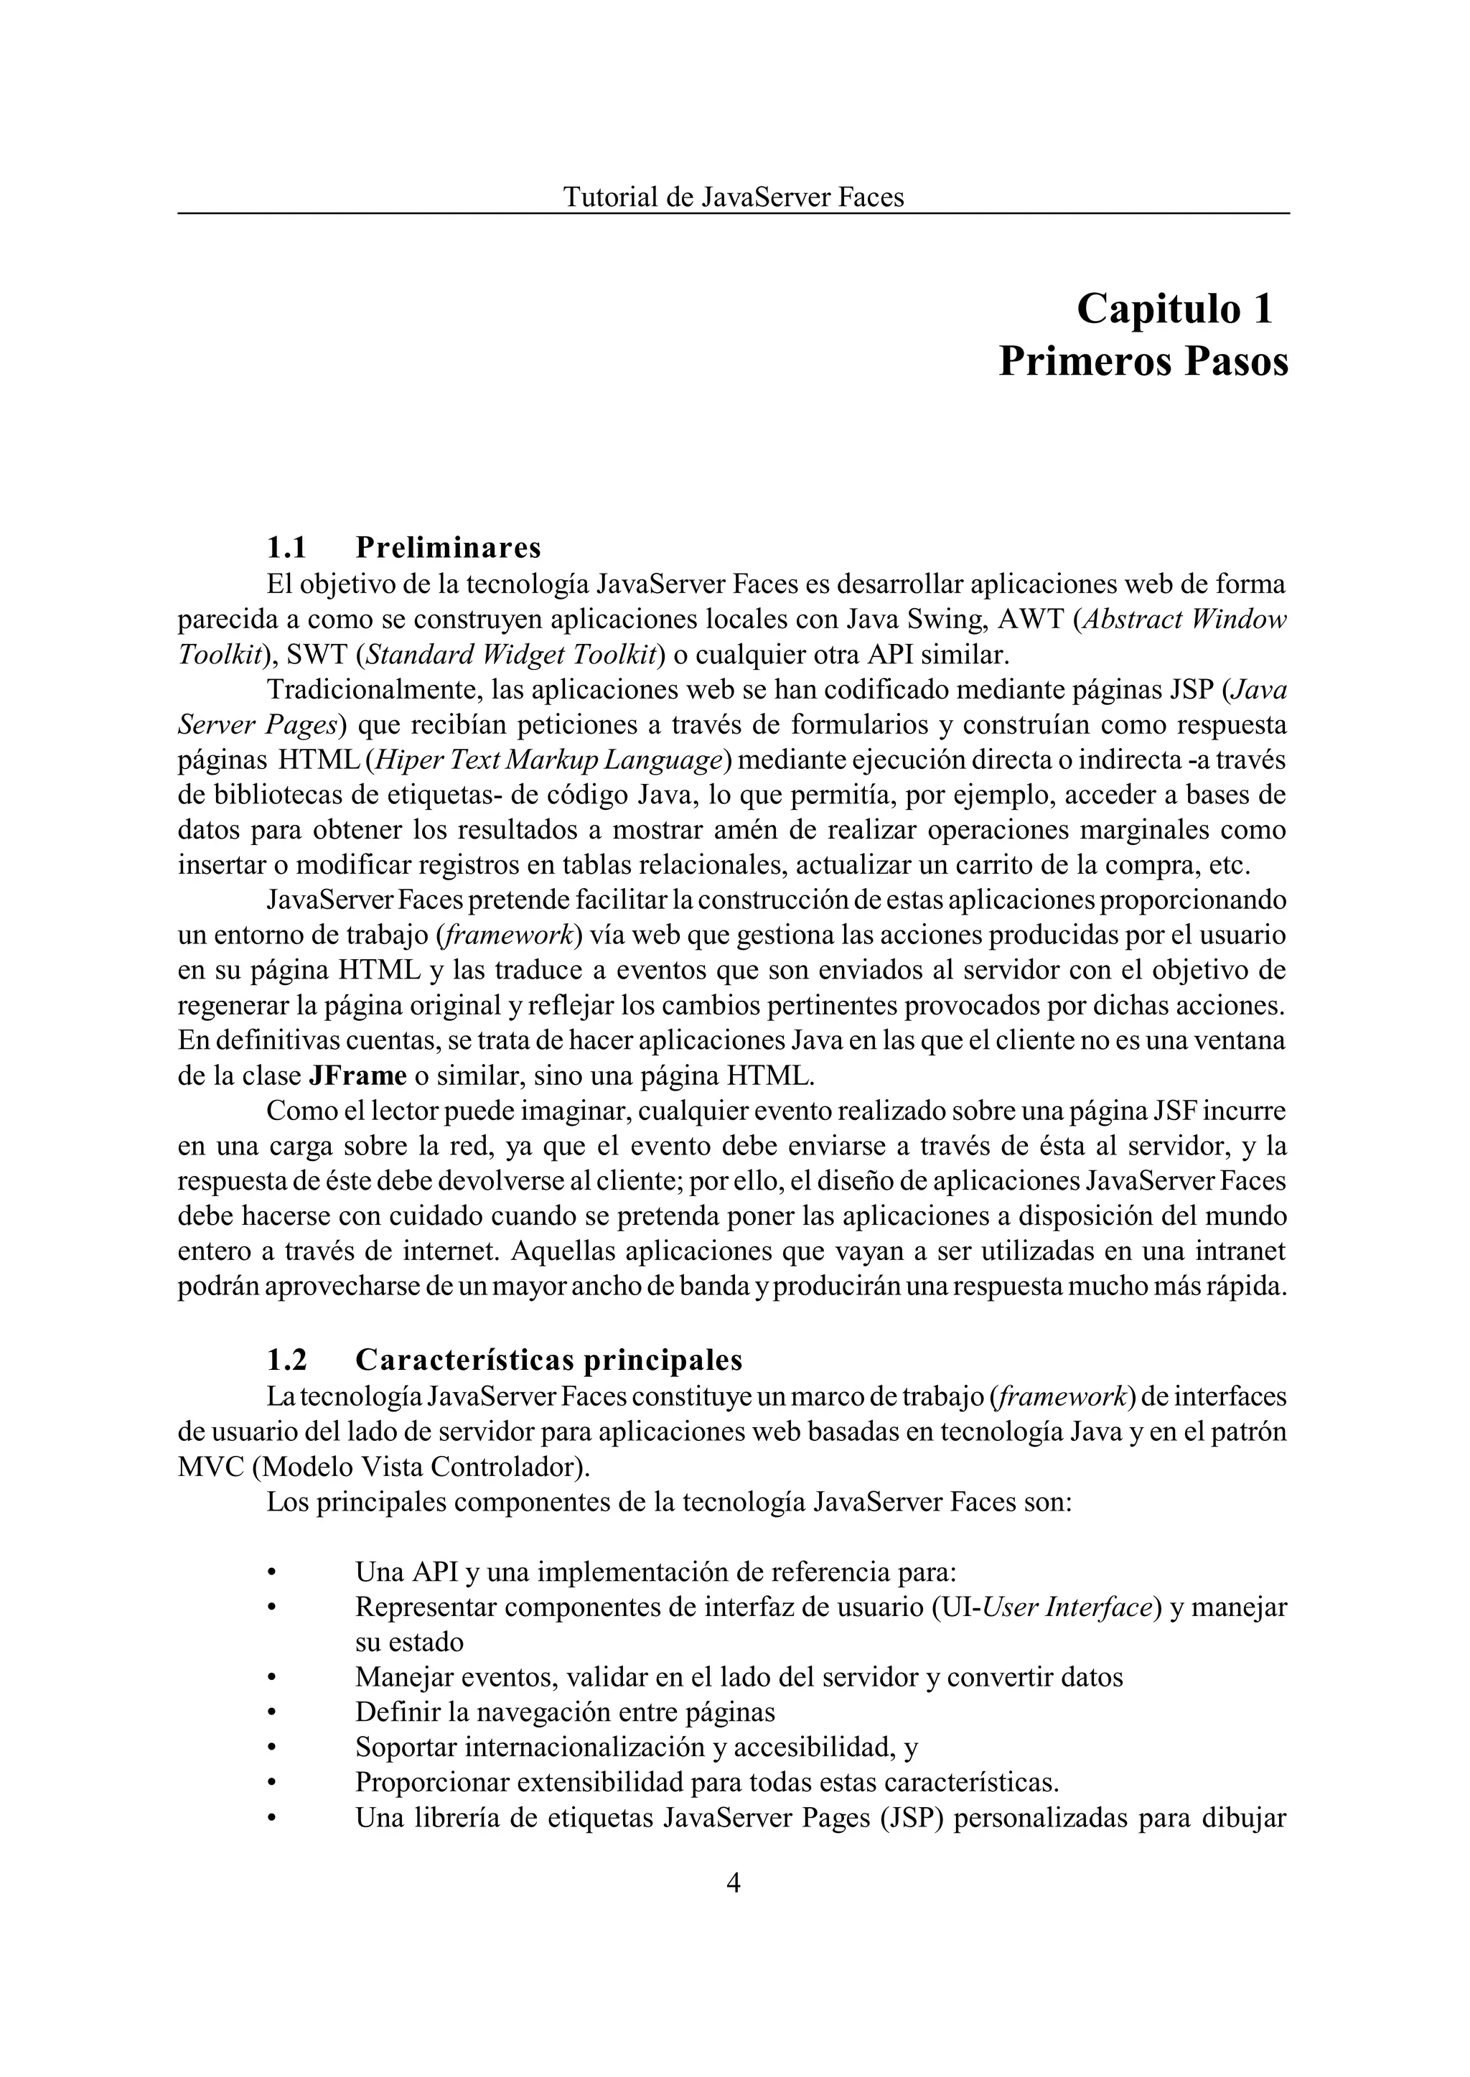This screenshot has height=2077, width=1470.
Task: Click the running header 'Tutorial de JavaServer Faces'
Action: [x=733, y=197]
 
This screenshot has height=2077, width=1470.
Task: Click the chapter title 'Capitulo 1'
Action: [x=1174, y=309]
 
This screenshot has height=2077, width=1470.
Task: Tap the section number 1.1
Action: [x=286, y=548]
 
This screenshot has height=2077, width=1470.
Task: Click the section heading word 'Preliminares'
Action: [x=448, y=548]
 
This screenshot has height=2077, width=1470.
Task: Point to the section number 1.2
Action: [x=286, y=1360]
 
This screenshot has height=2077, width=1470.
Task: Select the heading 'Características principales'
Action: [x=548, y=1360]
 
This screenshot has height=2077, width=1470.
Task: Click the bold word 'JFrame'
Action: [x=357, y=1075]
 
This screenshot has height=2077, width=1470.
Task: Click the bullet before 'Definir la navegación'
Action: [x=270, y=1713]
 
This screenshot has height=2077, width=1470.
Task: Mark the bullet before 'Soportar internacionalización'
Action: [x=270, y=1747]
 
